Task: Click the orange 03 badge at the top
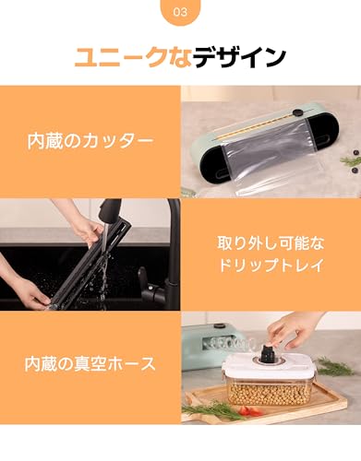pos(180,15)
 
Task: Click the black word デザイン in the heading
pos(244,57)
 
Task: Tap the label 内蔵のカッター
pos(90,143)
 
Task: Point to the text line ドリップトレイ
pos(270,268)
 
